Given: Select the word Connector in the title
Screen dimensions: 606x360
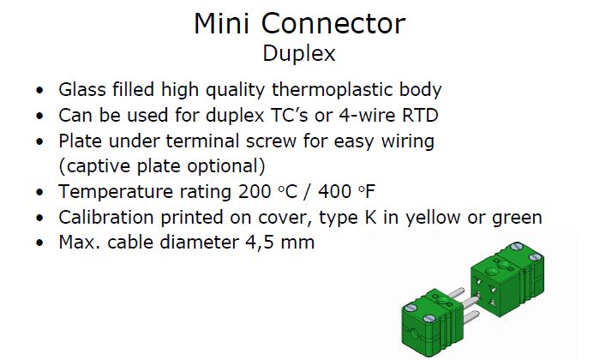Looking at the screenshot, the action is (x=333, y=23).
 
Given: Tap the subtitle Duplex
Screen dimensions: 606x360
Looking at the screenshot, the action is (x=299, y=54).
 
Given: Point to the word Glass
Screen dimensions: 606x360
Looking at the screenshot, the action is (x=82, y=89).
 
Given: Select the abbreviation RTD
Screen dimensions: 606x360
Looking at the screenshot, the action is (x=420, y=115).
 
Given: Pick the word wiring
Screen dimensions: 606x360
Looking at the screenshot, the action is (x=408, y=142).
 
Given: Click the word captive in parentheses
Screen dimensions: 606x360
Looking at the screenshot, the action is (x=96, y=166).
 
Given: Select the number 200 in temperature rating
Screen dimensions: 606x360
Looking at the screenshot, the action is (x=255, y=192).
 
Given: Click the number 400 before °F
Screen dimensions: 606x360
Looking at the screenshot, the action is (x=334, y=192).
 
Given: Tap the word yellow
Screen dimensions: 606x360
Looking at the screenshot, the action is (x=433, y=218).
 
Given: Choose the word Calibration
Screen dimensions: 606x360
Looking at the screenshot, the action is (x=106, y=218).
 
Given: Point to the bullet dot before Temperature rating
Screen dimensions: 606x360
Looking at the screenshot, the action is (x=39, y=193).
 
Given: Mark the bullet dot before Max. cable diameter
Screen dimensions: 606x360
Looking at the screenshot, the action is (x=39, y=243).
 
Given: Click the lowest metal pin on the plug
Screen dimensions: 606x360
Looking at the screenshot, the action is (x=471, y=318).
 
